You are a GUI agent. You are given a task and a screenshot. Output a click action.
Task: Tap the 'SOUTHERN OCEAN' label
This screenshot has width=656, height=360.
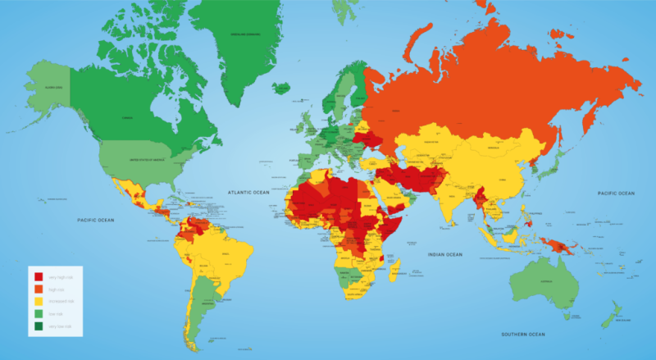(x=522, y=335)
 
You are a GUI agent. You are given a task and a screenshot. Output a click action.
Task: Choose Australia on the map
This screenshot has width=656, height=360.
(x=541, y=283)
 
